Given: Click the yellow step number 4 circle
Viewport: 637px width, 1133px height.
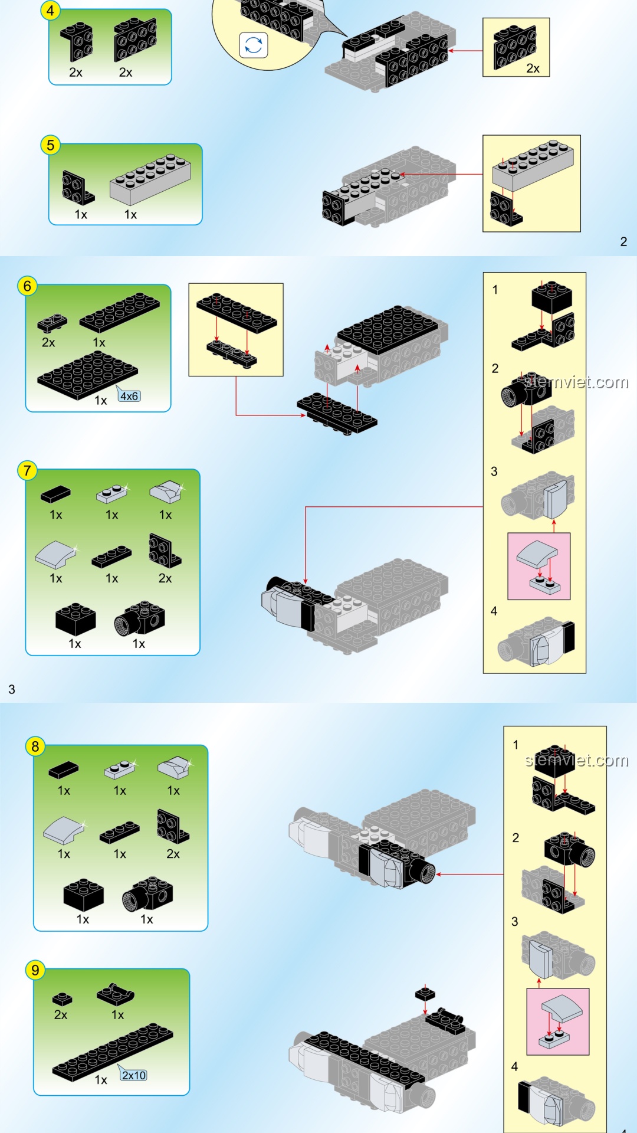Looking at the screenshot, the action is [50, 10].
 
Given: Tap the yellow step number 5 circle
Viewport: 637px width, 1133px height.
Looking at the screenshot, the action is [50, 145].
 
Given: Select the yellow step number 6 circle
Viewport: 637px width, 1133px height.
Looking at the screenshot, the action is [27, 286].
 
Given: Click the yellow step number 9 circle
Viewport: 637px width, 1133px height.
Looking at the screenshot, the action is [35, 970].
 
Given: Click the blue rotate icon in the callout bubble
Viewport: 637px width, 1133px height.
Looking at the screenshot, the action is [254, 45].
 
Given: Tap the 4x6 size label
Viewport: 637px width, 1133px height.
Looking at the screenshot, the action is [129, 396].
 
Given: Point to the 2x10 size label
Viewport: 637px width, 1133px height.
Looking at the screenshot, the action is [134, 1075].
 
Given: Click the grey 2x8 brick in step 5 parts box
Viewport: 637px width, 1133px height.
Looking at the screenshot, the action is [150, 179].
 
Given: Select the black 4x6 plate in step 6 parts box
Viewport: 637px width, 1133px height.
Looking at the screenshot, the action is [88, 375].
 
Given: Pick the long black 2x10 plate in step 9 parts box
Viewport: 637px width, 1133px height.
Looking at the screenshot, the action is [113, 1052].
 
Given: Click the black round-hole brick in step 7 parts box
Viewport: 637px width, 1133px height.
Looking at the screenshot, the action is [139, 618].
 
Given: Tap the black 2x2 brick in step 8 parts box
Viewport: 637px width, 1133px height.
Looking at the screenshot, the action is [83, 895].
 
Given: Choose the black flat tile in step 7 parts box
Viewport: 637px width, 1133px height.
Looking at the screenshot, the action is [55, 494].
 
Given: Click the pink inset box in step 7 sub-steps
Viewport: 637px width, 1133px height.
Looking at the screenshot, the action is [539, 566].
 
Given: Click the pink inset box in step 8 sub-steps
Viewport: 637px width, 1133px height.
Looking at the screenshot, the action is [558, 1021].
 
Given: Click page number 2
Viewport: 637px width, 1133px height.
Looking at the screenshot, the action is [623, 241].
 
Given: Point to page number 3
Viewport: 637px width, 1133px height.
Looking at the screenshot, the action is [12, 689].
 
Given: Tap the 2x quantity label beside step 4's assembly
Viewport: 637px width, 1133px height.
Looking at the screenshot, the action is [533, 68].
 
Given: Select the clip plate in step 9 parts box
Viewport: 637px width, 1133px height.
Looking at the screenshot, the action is [116, 994].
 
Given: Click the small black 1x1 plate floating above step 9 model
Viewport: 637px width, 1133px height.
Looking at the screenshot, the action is [425, 994].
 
